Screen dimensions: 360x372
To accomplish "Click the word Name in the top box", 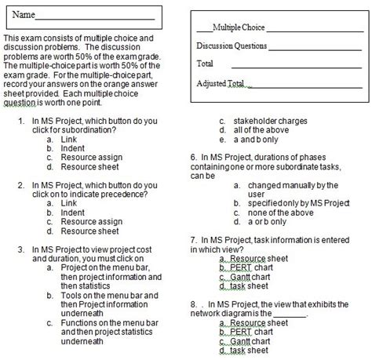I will point(24,16).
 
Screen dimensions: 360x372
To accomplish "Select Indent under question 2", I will point(72,212).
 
